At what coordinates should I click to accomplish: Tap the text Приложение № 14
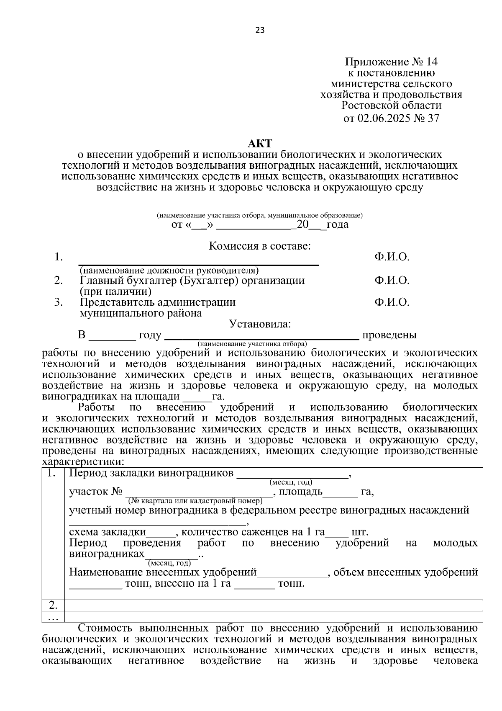coord(391,62)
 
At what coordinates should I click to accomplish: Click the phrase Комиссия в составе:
coord(260,246)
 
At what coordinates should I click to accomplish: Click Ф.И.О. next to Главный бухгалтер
coord(392,280)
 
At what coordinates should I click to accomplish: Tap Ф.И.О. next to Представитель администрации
coord(392,302)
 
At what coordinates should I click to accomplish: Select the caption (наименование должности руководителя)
coord(169,270)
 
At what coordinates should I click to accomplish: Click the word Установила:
coord(260,324)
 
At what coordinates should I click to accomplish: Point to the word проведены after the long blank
coord(389,335)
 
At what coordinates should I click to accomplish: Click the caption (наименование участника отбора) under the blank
coord(253,344)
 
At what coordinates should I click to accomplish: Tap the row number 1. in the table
coord(53,474)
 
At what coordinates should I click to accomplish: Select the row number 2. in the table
coord(53,605)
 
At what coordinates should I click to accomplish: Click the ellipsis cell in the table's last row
coord(53,617)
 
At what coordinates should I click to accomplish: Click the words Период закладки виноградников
coord(151,473)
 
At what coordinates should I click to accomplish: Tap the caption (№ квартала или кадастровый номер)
coord(195,500)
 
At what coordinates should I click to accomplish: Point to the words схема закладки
coord(108,532)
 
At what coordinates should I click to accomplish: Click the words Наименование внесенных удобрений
coord(163,572)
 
